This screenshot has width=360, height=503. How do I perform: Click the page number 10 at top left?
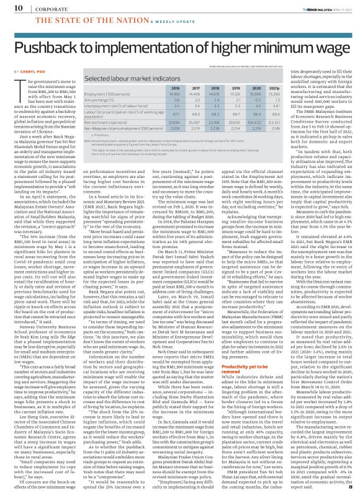click(11, 7)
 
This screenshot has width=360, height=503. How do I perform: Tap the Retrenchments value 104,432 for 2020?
click(287, 123)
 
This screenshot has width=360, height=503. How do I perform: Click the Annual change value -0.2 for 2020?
click(287, 100)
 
